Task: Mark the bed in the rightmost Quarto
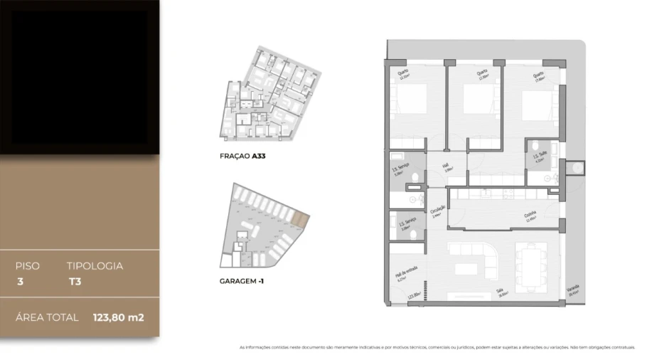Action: [x=537, y=105]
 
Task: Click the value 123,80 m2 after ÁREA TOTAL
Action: [x=118, y=317]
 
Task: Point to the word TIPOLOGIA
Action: [x=95, y=266]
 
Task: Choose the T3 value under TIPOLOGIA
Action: [x=73, y=281]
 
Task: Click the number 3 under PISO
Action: [x=19, y=281]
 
